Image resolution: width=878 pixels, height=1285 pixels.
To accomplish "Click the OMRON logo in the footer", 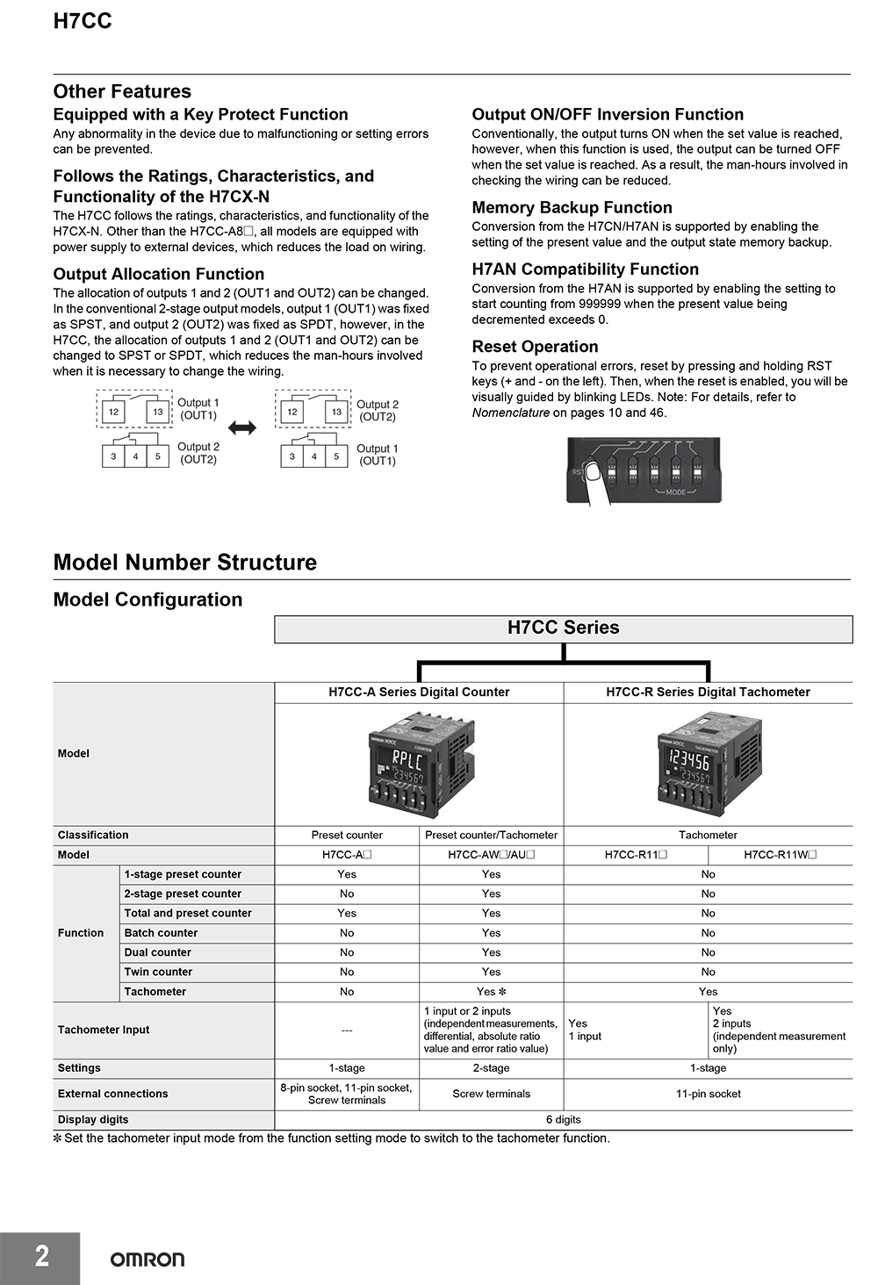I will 147,1260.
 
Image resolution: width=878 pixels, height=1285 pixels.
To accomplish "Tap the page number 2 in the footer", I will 41,1256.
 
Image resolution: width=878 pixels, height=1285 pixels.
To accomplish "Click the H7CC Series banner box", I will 563,628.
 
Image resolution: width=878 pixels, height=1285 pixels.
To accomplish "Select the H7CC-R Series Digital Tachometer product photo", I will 709,764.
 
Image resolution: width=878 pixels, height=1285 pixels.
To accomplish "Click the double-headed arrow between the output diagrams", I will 242,428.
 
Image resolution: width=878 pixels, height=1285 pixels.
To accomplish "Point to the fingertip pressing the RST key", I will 595,474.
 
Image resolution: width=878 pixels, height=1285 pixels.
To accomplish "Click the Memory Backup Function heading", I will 572,208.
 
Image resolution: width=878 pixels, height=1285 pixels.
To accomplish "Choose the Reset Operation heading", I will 535,347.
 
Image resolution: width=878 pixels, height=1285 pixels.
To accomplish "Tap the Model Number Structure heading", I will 184,563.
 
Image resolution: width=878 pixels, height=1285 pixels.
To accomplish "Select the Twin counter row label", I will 158,972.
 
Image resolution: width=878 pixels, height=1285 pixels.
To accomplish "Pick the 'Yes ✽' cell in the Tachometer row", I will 491,992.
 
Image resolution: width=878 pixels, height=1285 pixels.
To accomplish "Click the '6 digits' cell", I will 563,1120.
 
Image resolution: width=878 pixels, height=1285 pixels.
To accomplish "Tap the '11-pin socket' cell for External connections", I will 708,1094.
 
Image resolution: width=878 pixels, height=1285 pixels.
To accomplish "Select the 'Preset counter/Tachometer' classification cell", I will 491,836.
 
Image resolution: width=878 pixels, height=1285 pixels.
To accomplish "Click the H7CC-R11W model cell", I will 780,855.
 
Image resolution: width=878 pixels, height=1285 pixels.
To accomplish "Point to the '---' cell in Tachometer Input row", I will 347,1030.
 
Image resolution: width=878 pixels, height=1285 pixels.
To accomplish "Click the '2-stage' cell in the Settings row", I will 491,1068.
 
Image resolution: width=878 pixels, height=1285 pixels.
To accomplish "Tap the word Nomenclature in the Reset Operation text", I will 510,413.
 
